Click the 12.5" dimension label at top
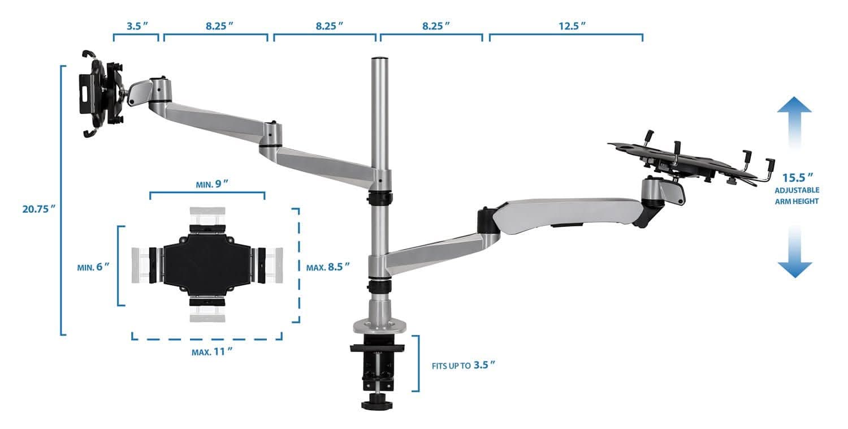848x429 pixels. (572, 26)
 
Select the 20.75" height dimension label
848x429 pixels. (39, 209)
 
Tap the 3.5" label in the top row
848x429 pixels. (137, 26)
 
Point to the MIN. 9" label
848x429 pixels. (212, 184)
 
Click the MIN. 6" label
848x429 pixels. (93, 267)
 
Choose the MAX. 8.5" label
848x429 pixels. (328, 267)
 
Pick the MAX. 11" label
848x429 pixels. (212, 351)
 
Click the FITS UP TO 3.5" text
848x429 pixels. (464, 366)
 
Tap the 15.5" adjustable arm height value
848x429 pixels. (798, 177)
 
